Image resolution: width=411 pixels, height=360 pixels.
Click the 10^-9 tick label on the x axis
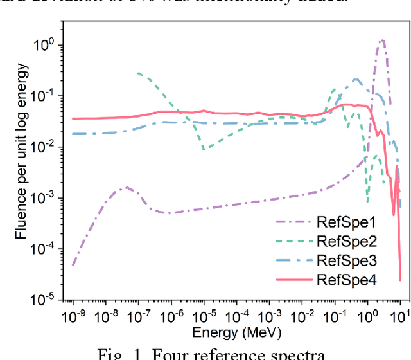coord(73,316)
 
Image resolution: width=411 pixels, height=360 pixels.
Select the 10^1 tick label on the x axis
coord(400,316)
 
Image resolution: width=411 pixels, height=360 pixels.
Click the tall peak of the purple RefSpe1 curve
coord(382,40)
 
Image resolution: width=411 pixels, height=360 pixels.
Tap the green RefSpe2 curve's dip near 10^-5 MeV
coord(204,149)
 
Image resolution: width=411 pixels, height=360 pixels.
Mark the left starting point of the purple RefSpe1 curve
coord(73,265)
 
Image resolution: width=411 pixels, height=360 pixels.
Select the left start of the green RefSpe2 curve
coord(139,73)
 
